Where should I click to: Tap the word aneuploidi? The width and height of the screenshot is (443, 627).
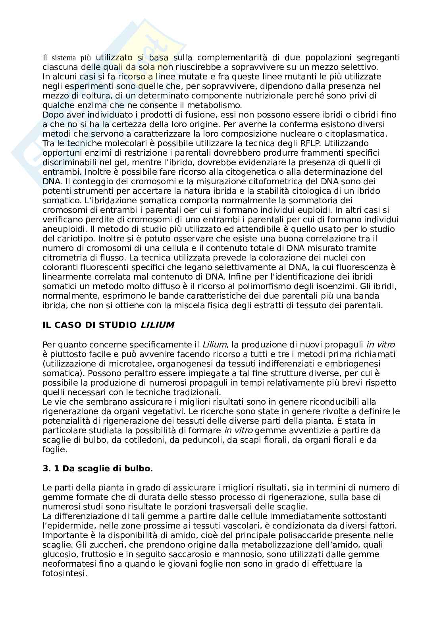point(62,229)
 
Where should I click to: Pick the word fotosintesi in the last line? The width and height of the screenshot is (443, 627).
point(64,573)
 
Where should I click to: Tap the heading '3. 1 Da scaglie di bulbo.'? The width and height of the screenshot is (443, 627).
point(98,469)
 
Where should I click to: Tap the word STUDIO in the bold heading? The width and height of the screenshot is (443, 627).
point(119,325)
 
